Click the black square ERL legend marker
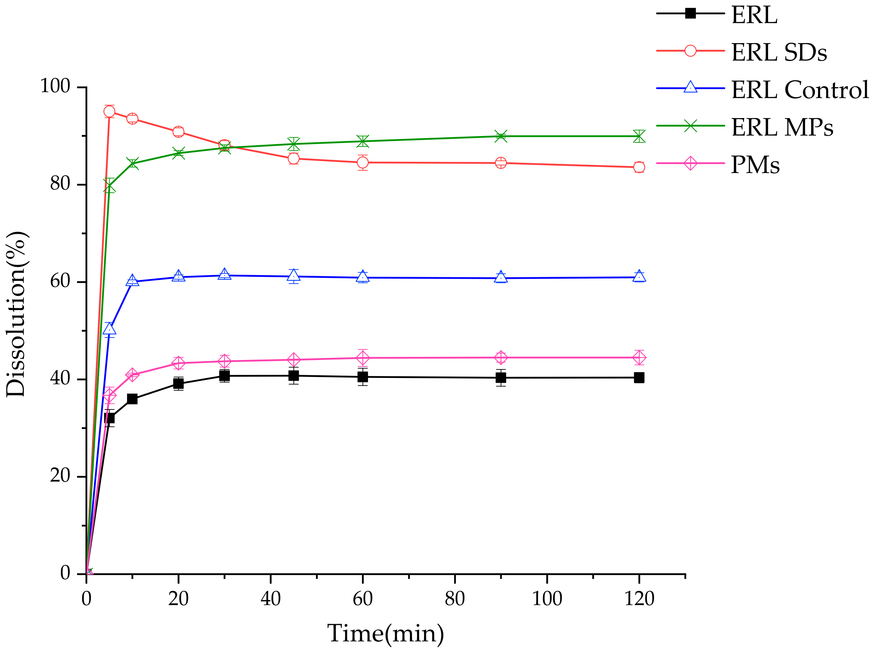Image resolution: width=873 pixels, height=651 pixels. click(x=690, y=13)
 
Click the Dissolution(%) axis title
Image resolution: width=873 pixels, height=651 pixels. click(x=17, y=314)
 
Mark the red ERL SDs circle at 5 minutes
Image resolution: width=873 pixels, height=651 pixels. click(x=109, y=112)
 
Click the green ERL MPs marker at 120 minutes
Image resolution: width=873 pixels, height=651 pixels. click(x=639, y=136)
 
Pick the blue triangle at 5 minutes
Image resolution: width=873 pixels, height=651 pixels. click(x=109, y=329)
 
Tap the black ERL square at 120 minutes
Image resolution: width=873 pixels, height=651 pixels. click(x=639, y=378)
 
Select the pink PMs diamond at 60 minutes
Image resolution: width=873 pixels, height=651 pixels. click(x=363, y=358)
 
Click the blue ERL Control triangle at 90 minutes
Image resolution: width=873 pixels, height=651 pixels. click(x=500, y=277)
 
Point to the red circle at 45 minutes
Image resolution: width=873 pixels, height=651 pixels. click(x=293, y=159)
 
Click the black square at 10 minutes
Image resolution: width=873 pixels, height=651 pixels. click(x=132, y=399)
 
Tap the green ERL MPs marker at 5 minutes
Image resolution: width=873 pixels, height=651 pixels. click(x=109, y=186)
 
